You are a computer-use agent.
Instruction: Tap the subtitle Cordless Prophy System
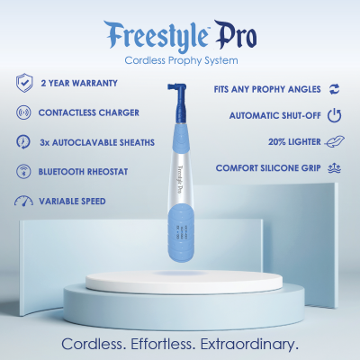point(179,60)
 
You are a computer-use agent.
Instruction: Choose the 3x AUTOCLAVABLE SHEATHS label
point(96,142)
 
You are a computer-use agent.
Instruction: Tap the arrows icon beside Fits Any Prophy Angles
point(334,88)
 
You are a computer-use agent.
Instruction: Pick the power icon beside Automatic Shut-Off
point(334,115)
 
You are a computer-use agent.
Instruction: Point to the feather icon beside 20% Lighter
point(334,142)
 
